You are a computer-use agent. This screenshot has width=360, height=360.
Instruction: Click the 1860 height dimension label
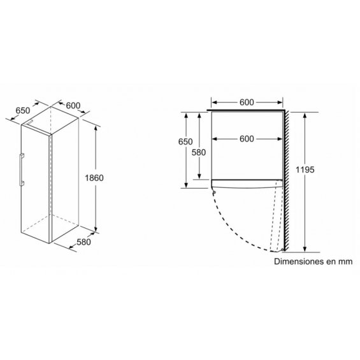coord(94,178)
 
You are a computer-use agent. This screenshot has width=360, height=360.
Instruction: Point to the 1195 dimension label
coord(305,170)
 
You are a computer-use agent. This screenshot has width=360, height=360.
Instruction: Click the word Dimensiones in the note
coord(297,261)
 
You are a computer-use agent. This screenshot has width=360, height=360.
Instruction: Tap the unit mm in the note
coord(345,262)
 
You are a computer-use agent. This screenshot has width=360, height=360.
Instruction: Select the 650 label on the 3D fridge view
coord(23,111)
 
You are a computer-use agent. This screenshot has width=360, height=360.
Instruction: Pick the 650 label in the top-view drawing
coord(185,141)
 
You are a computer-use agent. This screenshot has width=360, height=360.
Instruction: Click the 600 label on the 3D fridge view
coord(73,106)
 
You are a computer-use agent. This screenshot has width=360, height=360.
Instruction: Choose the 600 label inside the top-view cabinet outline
coord(247,139)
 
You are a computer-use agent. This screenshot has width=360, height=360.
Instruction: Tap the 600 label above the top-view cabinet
coord(247,103)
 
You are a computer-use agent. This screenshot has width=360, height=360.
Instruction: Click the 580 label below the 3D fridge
coord(83,242)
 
